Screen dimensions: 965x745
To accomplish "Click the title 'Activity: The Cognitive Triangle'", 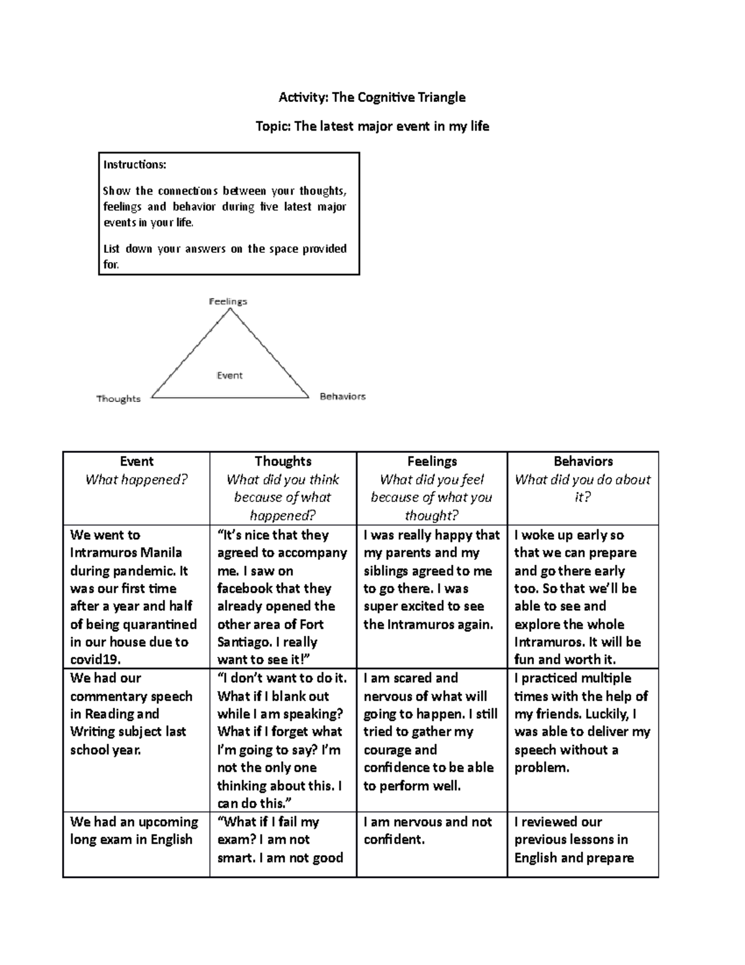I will [372, 98].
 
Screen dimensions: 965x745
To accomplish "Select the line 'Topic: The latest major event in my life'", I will [372, 127].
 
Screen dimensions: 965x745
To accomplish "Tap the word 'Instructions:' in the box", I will [135, 165].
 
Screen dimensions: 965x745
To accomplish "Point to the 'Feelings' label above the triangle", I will [228, 301].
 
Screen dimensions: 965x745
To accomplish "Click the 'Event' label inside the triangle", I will [230, 375].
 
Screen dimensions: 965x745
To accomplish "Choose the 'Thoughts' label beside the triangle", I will [119, 399].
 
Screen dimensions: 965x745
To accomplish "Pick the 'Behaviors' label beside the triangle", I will [342, 396].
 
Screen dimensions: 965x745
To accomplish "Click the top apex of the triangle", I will [230, 309].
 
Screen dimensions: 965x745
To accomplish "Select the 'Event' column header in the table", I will [137, 461].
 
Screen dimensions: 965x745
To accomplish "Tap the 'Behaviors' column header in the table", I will [583, 461].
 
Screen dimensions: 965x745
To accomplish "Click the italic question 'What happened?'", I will [137, 479].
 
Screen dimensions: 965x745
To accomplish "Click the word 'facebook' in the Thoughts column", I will [245, 588].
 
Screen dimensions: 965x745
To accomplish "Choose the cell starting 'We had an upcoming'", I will [134, 831].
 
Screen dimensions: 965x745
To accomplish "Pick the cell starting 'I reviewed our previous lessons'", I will [574, 839].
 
